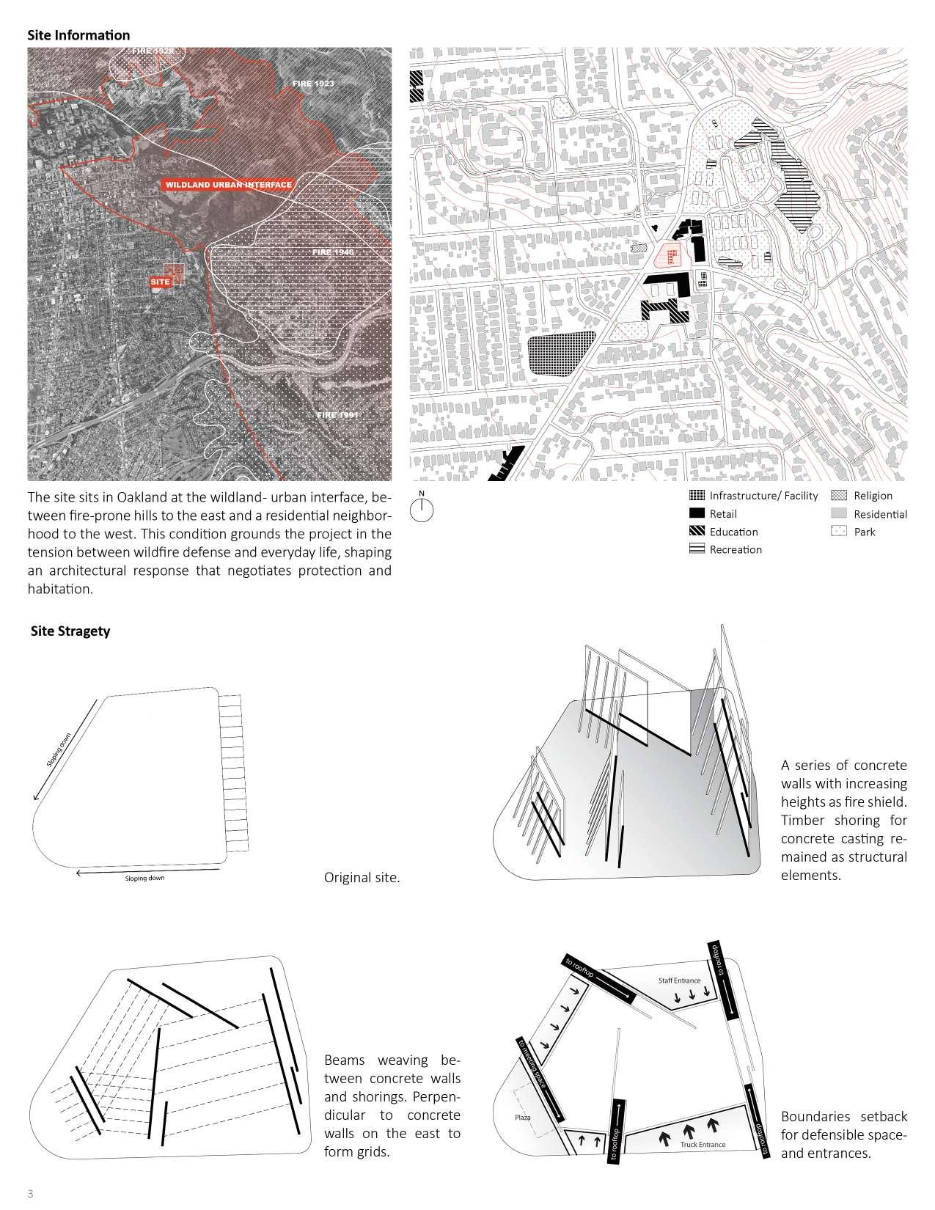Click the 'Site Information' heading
click(x=78, y=35)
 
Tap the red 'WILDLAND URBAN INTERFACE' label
click(x=229, y=185)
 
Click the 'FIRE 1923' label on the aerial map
click(x=313, y=84)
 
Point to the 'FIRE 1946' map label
click(x=333, y=252)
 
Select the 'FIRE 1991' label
click(x=337, y=415)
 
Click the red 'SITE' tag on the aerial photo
click(x=160, y=282)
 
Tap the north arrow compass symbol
click(x=422, y=509)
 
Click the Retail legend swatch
click(x=697, y=514)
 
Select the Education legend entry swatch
click(x=697, y=532)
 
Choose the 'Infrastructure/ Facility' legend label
click(x=763, y=496)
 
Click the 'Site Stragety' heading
click(x=70, y=631)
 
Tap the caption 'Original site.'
click(x=362, y=877)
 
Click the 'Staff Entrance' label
click(x=679, y=980)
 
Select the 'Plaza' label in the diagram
click(x=522, y=1118)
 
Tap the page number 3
click(x=31, y=1192)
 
